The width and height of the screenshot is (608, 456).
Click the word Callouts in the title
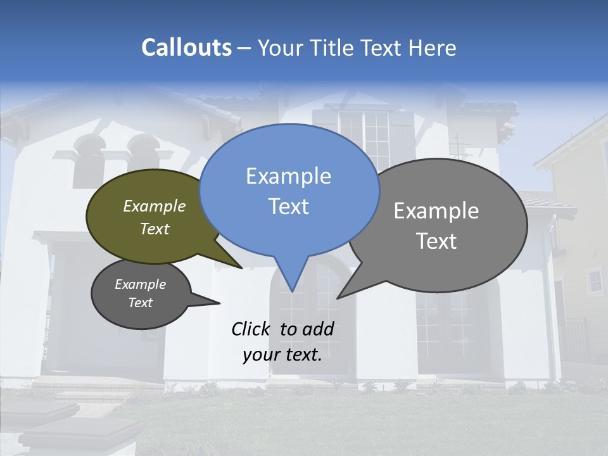(x=186, y=47)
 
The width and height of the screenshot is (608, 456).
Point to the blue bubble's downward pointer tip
(x=292, y=291)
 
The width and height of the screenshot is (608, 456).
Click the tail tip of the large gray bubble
(x=338, y=297)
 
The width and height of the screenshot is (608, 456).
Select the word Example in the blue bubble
(x=288, y=176)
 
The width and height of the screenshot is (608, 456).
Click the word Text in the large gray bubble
(x=436, y=241)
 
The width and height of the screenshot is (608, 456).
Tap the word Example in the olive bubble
(x=154, y=206)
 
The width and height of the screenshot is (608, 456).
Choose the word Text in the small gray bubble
(x=140, y=303)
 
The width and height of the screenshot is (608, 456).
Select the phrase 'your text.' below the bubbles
(x=282, y=355)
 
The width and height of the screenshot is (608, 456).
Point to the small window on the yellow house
(x=593, y=279)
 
